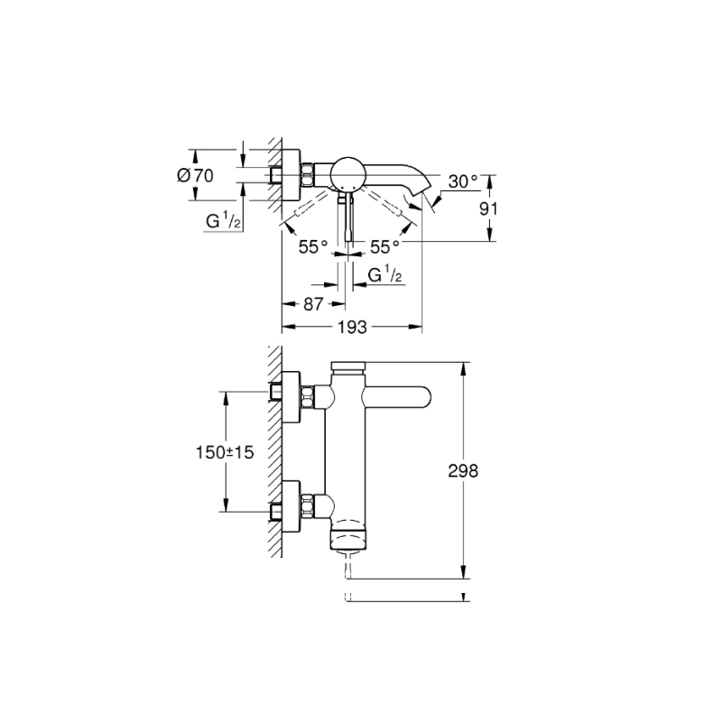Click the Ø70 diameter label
[197, 176]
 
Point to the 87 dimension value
[313, 304]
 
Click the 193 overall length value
[353, 328]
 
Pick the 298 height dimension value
[461, 470]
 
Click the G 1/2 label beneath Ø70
[221, 219]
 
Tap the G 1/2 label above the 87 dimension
[384, 275]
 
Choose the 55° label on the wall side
[313, 245]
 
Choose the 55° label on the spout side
[383, 245]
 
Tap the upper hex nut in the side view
[309, 396]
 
